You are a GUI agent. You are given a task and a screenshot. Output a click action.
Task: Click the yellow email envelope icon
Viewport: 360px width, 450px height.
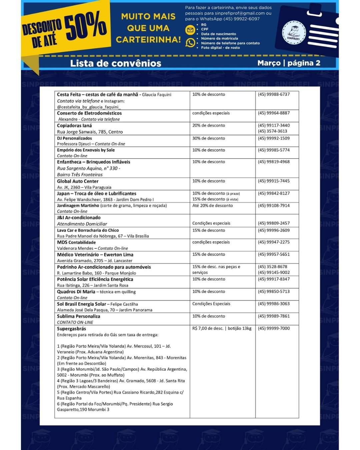[x=190, y=30]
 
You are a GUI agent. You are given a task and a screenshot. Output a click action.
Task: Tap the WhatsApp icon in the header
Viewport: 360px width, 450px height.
[x=190, y=43]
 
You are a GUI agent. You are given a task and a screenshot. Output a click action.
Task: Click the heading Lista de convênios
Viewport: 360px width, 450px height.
[x=115, y=63]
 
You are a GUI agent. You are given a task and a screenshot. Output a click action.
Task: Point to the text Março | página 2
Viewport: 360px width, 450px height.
[x=289, y=63]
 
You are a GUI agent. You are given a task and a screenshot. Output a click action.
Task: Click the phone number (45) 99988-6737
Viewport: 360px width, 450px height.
[x=274, y=94]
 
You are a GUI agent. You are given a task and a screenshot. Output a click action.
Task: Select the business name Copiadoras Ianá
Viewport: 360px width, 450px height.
[x=74, y=126]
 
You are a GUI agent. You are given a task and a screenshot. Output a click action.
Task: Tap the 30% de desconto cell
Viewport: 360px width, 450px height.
[x=209, y=138]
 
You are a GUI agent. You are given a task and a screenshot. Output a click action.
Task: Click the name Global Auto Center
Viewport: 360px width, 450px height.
[x=78, y=181]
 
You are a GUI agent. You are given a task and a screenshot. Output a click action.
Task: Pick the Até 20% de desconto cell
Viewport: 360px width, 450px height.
[x=212, y=206]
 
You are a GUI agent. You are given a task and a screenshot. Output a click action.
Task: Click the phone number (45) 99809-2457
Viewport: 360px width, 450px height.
[x=274, y=223]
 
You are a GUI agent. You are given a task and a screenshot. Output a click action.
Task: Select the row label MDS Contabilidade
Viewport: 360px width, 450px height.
[x=76, y=242]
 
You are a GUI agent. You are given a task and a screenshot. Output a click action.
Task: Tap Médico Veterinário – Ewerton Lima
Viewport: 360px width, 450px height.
[x=95, y=255]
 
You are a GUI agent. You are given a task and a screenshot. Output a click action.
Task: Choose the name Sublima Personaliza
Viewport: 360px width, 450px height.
[x=78, y=316]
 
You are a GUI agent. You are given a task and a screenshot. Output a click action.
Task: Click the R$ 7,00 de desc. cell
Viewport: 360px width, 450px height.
[x=222, y=328]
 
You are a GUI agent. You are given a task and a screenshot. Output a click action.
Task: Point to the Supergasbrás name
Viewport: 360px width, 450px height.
[x=71, y=329]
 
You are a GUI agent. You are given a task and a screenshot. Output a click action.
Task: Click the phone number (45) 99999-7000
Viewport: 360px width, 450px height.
[x=274, y=328]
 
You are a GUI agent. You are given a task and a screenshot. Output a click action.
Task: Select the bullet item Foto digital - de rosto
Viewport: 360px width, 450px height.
[x=220, y=48]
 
